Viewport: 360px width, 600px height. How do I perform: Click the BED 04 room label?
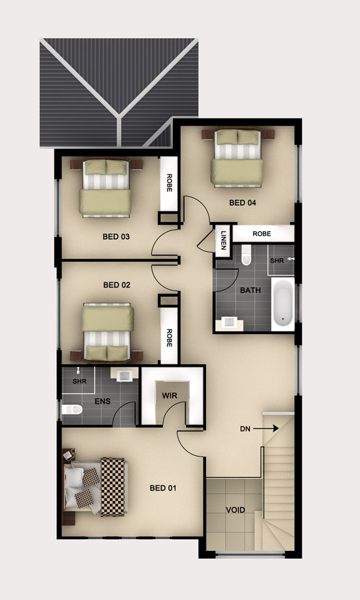point(243,203)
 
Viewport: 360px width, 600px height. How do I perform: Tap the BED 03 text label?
point(116,237)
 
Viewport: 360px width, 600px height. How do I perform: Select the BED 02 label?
point(117,285)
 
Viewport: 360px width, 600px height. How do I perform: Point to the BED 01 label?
point(163,488)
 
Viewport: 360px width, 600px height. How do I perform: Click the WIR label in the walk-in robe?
point(170,396)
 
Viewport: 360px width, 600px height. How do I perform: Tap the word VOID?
point(235,510)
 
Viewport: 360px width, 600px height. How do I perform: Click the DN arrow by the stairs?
point(266,429)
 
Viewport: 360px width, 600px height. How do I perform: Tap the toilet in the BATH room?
point(246,255)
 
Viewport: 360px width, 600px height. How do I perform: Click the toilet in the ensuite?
point(72,410)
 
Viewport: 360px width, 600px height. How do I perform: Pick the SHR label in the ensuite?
point(79,381)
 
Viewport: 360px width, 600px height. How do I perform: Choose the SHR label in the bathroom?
point(277,261)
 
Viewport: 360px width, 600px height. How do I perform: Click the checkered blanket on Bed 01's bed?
point(113,487)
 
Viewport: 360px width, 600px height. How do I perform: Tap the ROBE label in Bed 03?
point(169,183)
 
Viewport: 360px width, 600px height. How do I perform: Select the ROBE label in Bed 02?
point(169,338)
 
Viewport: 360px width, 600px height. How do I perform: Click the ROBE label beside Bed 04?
point(262,234)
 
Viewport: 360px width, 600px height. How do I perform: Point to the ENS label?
point(103,402)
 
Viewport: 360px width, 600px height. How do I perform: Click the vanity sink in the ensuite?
point(124,374)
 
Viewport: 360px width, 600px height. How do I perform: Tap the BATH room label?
point(250,290)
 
